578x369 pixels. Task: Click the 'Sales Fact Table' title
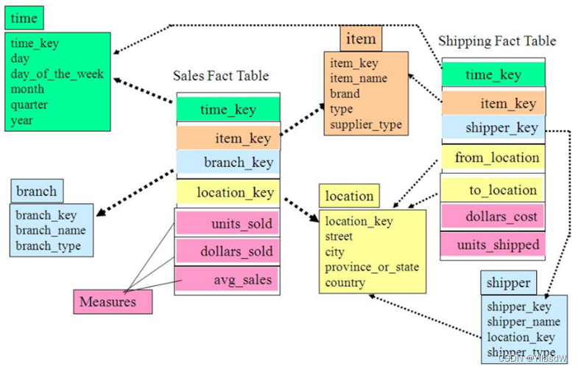(221, 75)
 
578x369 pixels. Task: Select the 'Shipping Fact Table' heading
(497, 41)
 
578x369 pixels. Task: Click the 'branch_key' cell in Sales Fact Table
(228, 162)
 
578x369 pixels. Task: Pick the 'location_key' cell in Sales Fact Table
(228, 193)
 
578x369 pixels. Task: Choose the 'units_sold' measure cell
(228, 223)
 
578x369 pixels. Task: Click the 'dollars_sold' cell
(228, 251)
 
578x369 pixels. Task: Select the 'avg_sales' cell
(228, 279)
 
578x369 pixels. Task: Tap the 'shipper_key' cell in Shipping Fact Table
(493, 127)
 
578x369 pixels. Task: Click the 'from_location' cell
(493, 158)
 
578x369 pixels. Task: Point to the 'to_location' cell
(493, 190)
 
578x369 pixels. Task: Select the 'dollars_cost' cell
(493, 217)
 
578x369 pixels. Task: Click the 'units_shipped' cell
(493, 245)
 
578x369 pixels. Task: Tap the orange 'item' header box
(361, 39)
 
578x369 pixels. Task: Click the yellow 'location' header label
(349, 196)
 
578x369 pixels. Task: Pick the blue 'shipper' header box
(508, 283)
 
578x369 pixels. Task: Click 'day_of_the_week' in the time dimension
(57, 74)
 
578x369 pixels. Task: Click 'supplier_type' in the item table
(366, 124)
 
